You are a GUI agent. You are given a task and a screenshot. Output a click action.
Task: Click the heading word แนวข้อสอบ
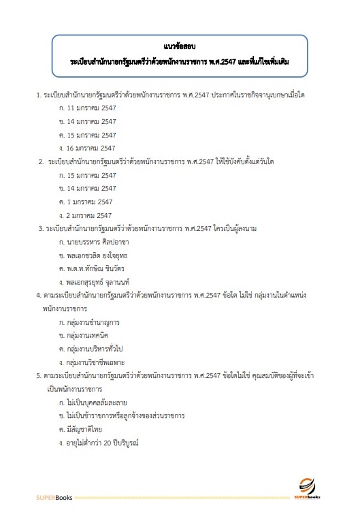(180, 46)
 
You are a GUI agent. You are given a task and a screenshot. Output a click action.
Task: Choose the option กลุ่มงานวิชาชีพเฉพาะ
(100, 362)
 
